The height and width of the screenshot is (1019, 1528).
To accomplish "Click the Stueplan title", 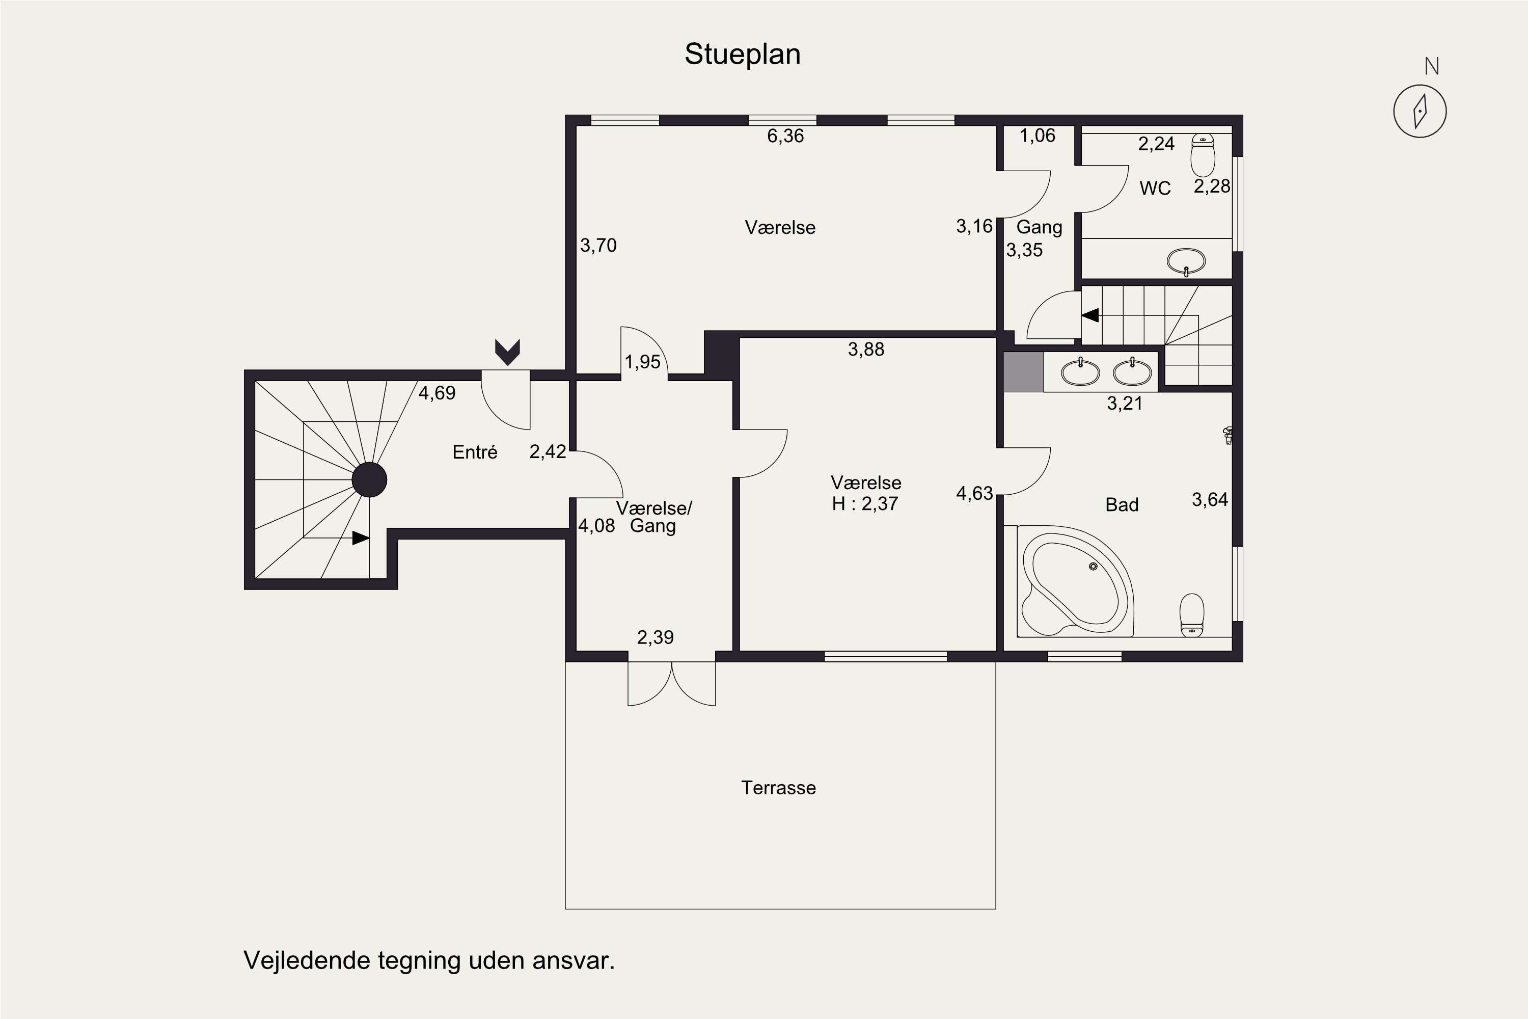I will (742, 55).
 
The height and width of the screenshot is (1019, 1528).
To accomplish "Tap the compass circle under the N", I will (1420, 111).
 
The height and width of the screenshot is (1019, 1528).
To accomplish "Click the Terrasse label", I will (778, 788).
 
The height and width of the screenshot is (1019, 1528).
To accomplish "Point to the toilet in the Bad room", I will (1191, 615).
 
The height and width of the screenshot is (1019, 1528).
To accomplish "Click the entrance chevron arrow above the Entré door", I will (507, 352).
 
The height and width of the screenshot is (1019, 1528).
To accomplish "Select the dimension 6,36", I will (785, 136).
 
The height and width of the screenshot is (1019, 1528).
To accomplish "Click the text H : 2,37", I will (865, 504).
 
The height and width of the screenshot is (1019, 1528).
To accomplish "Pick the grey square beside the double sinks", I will (1023, 372).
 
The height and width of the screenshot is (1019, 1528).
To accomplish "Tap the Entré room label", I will (475, 452).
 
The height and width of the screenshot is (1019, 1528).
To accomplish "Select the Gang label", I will (1040, 227).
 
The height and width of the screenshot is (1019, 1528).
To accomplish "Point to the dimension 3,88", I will (866, 350).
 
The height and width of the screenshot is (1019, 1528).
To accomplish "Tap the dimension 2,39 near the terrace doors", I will (655, 637).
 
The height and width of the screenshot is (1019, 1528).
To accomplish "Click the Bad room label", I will (1122, 505).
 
